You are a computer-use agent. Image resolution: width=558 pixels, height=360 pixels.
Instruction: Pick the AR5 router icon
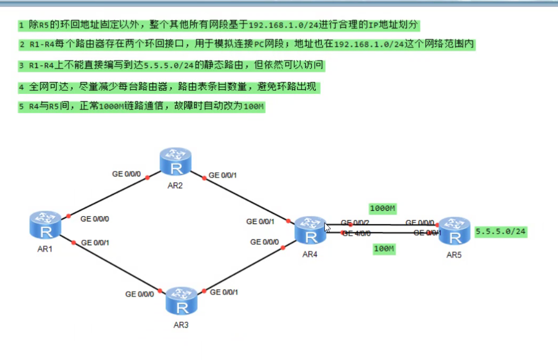coord(454,230)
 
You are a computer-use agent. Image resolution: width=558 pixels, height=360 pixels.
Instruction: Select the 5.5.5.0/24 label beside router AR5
coord(501,232)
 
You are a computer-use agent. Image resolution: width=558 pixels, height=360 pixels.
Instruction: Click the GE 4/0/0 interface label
coord(356,233)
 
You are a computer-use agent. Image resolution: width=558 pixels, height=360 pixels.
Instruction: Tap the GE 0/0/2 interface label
coord(355,222)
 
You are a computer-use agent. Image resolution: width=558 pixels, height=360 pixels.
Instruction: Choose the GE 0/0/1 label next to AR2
coord(223,175)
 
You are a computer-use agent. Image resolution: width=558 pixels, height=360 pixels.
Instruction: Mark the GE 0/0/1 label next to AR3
coord(224,292)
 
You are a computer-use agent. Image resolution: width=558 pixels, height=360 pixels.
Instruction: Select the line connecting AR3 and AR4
coord(244,269)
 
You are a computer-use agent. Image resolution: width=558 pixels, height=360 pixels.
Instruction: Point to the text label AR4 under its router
coord(310,254)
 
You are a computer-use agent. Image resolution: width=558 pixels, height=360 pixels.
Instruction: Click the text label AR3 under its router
coord(182,325)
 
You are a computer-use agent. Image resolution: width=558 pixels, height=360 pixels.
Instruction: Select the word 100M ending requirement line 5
coord(253,107)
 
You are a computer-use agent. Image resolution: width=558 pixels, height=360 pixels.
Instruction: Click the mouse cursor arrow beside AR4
coord(328,228)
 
